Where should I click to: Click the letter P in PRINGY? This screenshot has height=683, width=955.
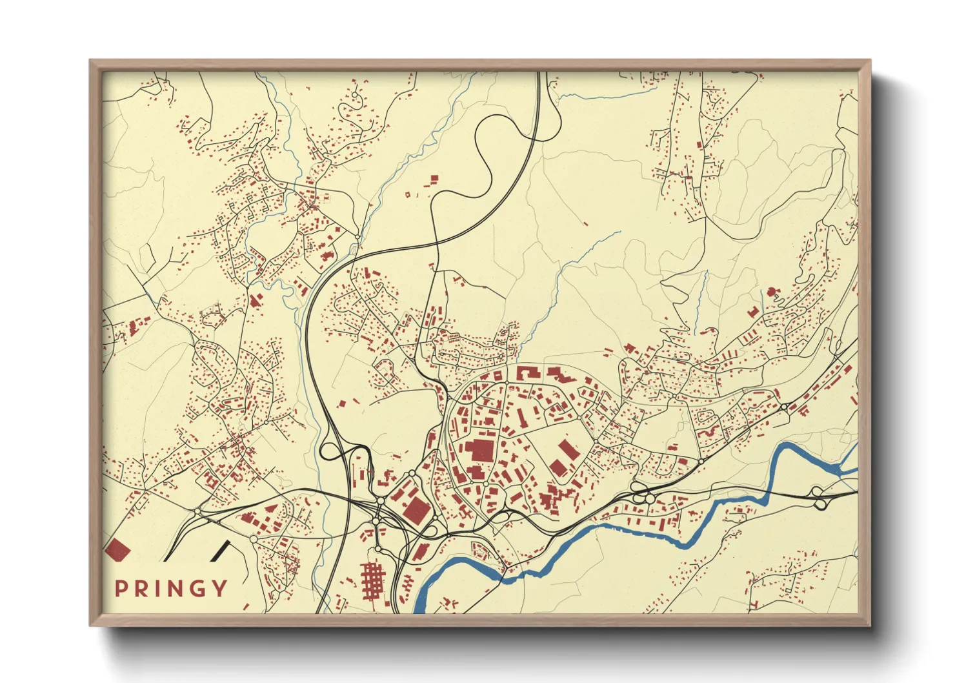pos(120,588)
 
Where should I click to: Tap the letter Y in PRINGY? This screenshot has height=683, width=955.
pos(221,588)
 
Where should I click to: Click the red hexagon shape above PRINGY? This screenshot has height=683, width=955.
pos(118,549)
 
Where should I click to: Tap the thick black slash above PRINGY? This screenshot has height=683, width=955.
pos(220,549)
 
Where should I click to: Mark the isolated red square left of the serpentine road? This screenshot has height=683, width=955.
pos(434,178)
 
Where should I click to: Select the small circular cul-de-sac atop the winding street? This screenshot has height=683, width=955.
pos(354,97)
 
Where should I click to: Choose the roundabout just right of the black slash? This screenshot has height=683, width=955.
pos(253,538)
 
